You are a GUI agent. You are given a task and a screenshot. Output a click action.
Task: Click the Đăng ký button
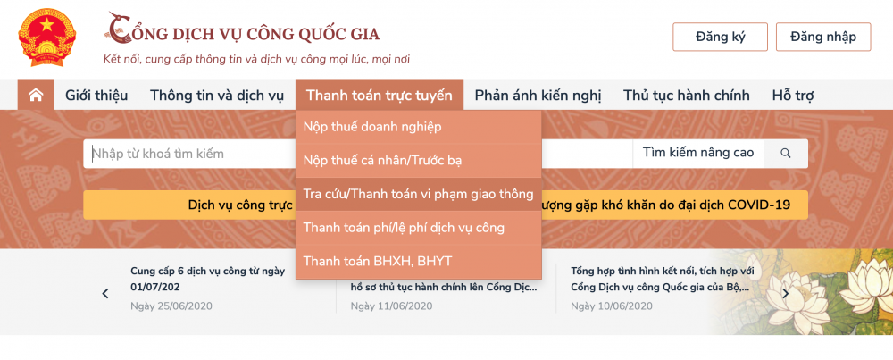720,37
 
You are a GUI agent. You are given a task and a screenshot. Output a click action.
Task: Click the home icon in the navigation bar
36,95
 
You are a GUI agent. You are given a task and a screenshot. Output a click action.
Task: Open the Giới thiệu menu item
96,96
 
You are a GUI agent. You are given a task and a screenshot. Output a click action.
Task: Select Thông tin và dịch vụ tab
217,96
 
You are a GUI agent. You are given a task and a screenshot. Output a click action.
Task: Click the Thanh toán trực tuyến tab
380,96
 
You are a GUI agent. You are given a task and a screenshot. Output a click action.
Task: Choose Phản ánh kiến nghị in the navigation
538,96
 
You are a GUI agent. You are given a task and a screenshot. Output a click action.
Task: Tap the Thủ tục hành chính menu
687,96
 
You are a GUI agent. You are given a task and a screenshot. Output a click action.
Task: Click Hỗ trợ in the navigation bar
793,96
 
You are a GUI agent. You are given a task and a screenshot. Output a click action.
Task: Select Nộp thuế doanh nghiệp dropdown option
372,127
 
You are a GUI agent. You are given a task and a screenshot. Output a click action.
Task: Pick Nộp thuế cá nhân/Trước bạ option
382,161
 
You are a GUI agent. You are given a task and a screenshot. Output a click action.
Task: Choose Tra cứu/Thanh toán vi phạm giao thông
418,194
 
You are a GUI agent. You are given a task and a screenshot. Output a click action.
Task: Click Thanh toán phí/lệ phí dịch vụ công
404,228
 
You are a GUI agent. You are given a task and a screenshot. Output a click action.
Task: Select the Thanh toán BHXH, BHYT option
378,262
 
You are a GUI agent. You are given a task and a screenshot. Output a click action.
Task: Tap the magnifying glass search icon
786,154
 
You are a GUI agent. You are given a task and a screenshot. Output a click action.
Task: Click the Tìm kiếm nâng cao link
698,153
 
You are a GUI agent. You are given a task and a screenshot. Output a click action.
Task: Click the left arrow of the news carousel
105,293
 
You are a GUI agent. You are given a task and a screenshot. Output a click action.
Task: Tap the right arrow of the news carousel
786,293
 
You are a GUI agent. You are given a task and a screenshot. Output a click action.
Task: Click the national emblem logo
46,37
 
